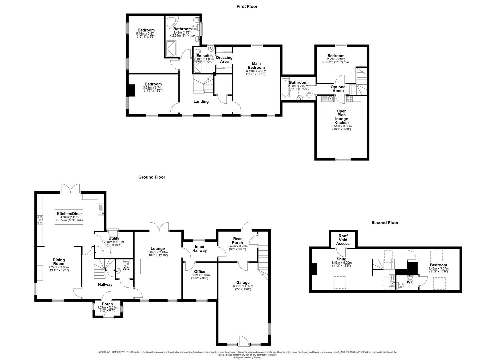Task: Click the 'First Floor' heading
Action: (247, 6)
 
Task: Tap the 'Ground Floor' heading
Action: (152, 177)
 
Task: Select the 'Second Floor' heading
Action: (385, 223)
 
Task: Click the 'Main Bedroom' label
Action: (256, 65)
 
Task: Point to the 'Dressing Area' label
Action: (224, 59)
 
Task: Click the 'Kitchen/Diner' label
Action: (69, 214)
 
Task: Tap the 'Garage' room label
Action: (242, 283)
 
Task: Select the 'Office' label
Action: (199, 272)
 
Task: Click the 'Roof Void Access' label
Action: (343, 239)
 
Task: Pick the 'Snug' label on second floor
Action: (341, 259)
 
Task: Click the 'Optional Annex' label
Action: (338, 89)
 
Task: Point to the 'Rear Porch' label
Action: (238, 240)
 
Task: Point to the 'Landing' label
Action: (201, 102)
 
